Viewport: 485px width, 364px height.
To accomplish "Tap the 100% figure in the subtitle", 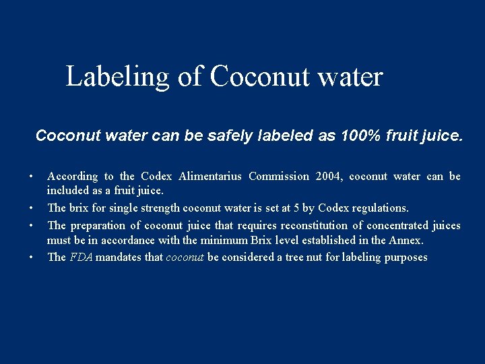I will point(358,136).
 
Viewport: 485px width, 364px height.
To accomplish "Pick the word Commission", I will point(279,177).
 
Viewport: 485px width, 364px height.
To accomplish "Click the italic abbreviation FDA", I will point(81,257).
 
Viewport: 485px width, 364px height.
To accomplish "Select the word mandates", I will point(117,257).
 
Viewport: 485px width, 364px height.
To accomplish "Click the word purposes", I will point(405,257).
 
